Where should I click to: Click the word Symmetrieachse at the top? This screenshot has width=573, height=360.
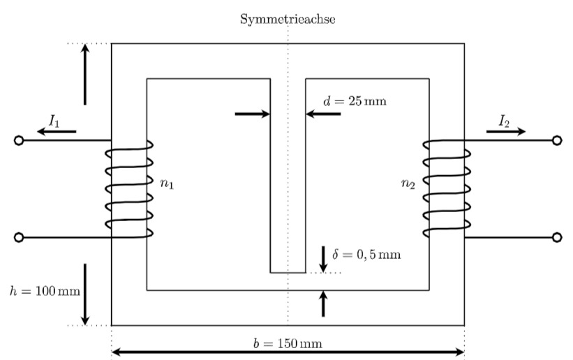pyautogui.click(x=288, y=19)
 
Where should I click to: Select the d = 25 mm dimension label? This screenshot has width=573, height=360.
pyautogui.click(x=355, y=100)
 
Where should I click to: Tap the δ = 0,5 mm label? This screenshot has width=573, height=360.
pyautogui.click(x=366, y=254)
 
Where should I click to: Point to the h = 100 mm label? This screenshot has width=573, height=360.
pyautogui.click(x=45, y=291)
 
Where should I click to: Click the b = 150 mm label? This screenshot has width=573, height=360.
pyautogui.click(x=288, y=343)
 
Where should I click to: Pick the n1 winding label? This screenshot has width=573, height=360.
pyautogui.click(x=167, y=183)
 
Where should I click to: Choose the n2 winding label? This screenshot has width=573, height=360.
pyautogui.click(x=408, y=183)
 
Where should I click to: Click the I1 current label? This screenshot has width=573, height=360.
pyautogui.click(x=54, y=121)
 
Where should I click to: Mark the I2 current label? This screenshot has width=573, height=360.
pyautogui.click(x=504, y=121)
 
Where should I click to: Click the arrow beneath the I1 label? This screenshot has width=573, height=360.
pyautogui.click(x=57, y=132)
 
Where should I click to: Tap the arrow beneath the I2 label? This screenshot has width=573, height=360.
pyautogui.click(x=506, y=132)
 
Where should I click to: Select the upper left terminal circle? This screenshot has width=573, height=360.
pyautogui.click(x=19, y=140)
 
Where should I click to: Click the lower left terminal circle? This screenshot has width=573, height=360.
pyautogui.click(x=19, y=238)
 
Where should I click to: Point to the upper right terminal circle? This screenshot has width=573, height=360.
pyautogui.click(x=556, y=140)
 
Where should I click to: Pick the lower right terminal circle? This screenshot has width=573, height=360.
pyautogui.click(x=556, y=238)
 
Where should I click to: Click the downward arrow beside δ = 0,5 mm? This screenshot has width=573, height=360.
pyautogui.click(x=323, y=260)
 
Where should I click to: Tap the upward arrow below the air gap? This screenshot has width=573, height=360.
pyautogui.click(x=323, y=303)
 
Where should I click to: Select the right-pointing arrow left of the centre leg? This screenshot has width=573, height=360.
pyautogui.click(x=253, y=114)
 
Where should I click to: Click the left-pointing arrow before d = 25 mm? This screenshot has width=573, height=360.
pyautogui.click(x=323, y=114)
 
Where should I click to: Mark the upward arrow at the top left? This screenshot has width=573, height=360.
pyautogui.click(x=85, y=74)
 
